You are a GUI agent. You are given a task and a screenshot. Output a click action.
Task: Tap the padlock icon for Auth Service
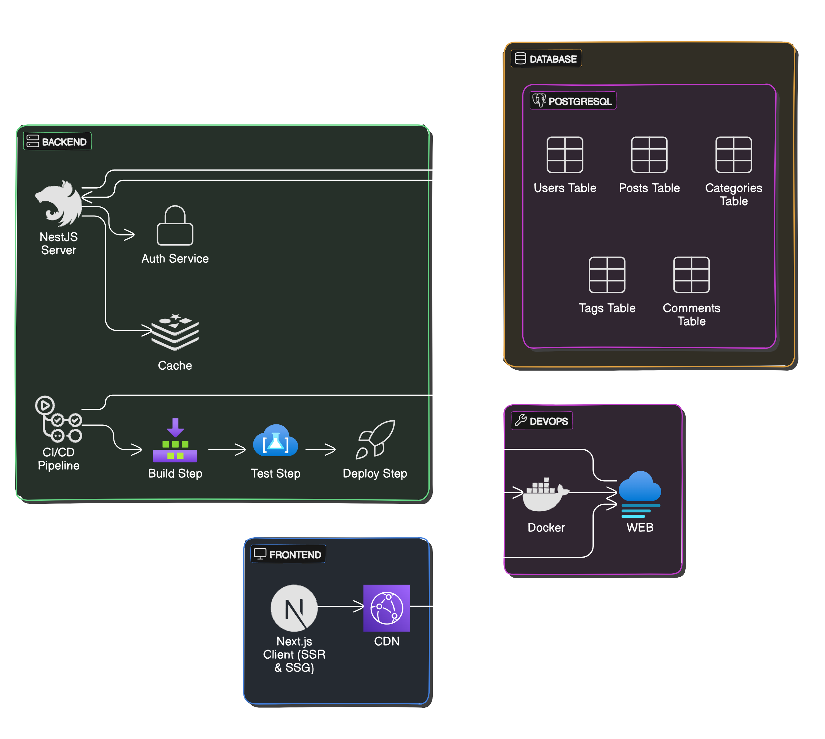click(175, 226)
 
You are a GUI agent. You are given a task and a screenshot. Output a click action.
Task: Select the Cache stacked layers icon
click(175, 332)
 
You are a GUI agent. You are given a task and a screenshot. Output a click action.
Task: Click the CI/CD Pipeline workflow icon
click(58, 419)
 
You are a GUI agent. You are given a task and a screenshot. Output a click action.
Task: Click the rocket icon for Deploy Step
click(375, 440)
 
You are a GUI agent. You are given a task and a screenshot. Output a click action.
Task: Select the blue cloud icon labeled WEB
click(640, 493)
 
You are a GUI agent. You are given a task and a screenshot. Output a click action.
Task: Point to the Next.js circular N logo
click(294, 608)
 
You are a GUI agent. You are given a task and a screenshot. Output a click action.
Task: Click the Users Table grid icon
click(565, 155)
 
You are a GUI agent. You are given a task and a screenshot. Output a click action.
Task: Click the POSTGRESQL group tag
click(573, 101)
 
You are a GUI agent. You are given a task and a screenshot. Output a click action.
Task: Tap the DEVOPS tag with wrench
click(542, 421)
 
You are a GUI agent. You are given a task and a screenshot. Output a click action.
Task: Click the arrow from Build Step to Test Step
click(227, 449)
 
